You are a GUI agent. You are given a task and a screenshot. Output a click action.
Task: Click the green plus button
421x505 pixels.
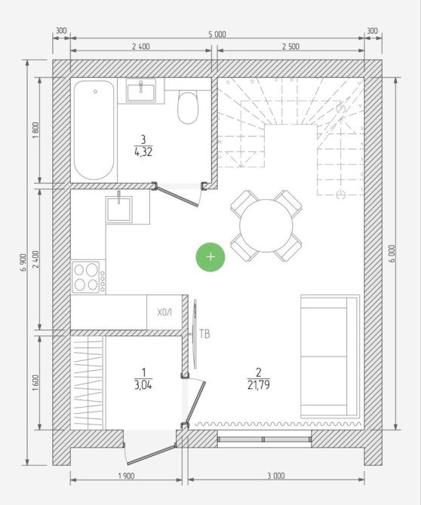point(210,257)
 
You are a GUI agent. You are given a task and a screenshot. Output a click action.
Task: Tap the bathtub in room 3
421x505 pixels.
point(94,130)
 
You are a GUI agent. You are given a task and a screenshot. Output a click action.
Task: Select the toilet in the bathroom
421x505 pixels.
point(188,108)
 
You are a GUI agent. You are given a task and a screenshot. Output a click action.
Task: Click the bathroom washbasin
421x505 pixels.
point(141,90)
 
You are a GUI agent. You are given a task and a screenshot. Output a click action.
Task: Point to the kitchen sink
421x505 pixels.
point(119,209)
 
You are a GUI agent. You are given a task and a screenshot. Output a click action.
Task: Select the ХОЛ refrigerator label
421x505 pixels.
point(164,312)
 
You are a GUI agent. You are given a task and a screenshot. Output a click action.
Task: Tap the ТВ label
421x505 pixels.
point(204,334)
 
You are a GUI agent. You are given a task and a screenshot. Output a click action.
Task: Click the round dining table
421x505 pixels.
point(266,225)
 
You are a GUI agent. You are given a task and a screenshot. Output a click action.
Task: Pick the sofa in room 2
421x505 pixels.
point(330,356)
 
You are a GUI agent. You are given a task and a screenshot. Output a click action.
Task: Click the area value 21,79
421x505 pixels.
point(259,385)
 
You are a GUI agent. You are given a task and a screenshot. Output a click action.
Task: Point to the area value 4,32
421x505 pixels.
point(143,151)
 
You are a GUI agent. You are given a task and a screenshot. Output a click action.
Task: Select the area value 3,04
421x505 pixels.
point(143,385)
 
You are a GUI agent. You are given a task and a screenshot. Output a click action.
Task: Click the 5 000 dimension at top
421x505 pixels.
point(217,34)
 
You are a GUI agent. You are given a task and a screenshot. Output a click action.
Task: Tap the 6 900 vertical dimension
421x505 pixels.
point(23,262)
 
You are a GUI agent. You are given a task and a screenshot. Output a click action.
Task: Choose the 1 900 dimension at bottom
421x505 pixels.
point(126,476)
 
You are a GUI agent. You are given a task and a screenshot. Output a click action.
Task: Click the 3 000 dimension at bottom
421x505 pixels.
point(276,476)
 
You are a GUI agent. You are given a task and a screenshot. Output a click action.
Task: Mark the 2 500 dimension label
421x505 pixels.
point(290,47)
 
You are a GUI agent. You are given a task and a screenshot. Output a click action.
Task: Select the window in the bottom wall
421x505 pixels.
point(264,439)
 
